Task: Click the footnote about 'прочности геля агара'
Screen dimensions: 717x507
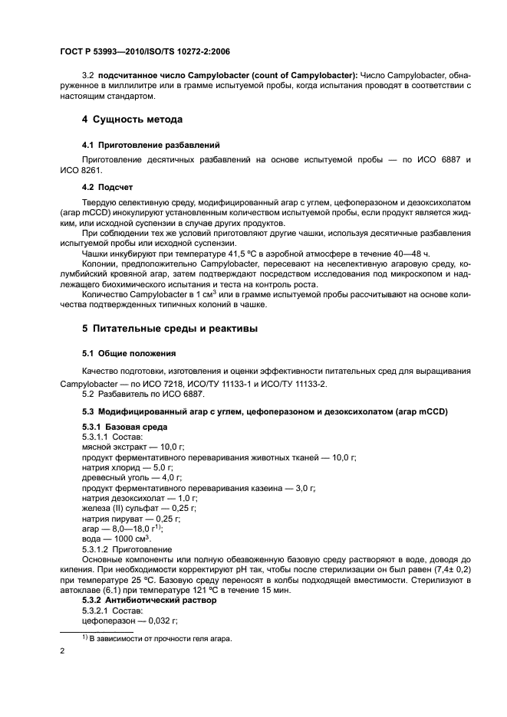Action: click(x=156, y=639)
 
